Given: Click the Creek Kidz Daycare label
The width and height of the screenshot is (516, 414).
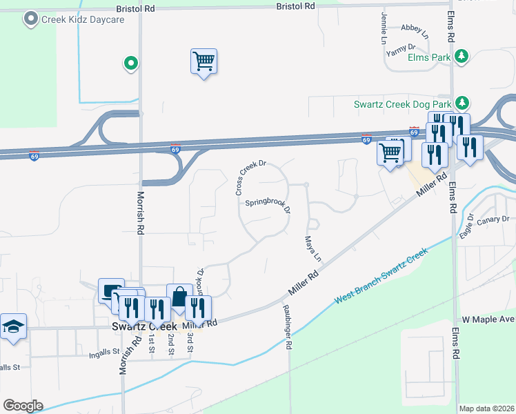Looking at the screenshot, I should click(83, 19).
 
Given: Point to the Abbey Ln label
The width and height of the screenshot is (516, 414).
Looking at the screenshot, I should click(415, 31).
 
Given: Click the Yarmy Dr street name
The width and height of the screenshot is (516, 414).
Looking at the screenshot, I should click(399, 49).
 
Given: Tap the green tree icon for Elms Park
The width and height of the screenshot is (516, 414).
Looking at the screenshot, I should click(462, 57).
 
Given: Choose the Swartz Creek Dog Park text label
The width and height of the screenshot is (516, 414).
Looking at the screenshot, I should click(403, 105).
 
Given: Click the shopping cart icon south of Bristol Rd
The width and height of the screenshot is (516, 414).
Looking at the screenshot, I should click(204, 61).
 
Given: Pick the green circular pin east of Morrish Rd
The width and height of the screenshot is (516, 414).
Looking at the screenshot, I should click(130, 65).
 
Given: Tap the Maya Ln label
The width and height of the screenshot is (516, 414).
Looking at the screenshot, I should click(313, 249).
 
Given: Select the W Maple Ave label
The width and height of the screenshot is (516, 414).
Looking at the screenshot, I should click(488, 320).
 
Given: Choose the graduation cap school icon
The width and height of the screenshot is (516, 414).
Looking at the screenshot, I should click(13, 326).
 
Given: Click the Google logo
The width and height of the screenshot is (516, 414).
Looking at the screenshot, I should click(23, 406).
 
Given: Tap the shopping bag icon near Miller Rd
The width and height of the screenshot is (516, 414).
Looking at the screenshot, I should click(179, 297).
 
